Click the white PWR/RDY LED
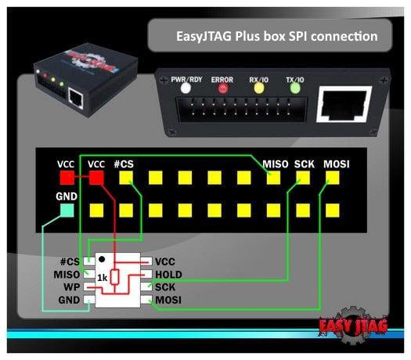(x=186, y=88)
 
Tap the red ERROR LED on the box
(x=223, y=88)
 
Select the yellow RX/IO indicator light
(x=259, y=88)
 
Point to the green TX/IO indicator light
(x=295, y=88)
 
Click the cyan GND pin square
(x=67, y=211)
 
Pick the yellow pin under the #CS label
(x=126, y=178)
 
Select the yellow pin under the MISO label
(x=274, y=178)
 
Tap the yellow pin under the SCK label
(x=303, y=178)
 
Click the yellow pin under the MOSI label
(x=333, y=178)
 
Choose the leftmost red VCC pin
(x=67, y=178)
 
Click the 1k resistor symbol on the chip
(x=114, y=277)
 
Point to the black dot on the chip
(x=102, y=259)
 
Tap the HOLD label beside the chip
(x=168, y=275)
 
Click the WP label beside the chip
(x=72, y=287)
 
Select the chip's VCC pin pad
(x=146, y=261)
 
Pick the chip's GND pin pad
(x=89, y=300)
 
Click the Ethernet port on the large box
(x=344, y=104)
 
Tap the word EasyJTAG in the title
(x=204, y=36)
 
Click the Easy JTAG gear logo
(x=353, y=325)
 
